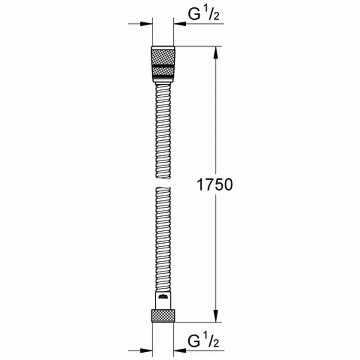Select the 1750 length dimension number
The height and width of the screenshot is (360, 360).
coord(214,185)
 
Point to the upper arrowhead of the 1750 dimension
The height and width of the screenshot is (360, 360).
coord(216,53)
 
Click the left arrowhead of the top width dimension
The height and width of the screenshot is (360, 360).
coord(146,24)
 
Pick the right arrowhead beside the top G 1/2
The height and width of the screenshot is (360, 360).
coord(180,24)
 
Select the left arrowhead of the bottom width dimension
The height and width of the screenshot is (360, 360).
coord(146,351)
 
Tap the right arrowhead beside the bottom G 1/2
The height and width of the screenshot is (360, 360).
coord(180,351)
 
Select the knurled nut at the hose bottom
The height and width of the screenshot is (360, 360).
coord(163,315)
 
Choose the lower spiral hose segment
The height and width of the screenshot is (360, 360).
coord(163,239)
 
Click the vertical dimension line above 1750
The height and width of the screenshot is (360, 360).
coord(216,116)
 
